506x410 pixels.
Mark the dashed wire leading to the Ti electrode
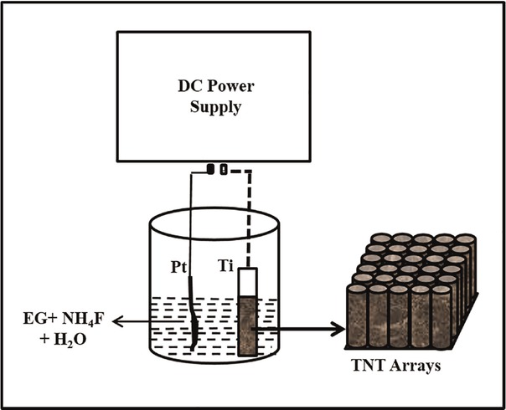click(x=248, y=218)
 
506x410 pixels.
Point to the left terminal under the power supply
click(x=212, y=170)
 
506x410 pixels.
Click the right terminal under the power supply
click(x=225, y=170)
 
